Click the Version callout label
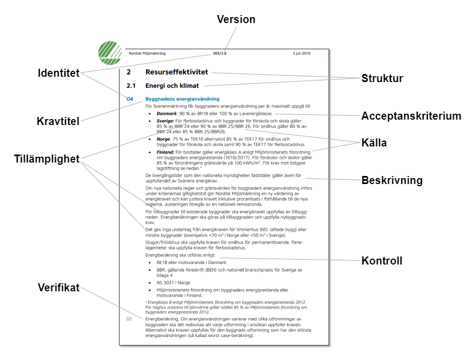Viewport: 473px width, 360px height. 236,19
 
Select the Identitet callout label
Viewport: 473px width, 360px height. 59,73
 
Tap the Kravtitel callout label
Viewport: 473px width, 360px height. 58,121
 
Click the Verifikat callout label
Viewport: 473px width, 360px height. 59,288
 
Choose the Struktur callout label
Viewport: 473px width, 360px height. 382,79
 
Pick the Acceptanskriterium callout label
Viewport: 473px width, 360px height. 411,116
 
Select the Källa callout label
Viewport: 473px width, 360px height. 374,143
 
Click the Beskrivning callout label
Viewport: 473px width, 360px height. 392,180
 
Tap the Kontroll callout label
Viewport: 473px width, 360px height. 382,261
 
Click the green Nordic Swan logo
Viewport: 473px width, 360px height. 110,53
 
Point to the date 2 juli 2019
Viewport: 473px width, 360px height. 302,54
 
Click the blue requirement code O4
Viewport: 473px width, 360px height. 129,99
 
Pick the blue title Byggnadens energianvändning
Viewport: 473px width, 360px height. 183,99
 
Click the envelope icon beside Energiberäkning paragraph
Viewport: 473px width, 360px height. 129,319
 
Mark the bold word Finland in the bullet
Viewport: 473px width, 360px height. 165,152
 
